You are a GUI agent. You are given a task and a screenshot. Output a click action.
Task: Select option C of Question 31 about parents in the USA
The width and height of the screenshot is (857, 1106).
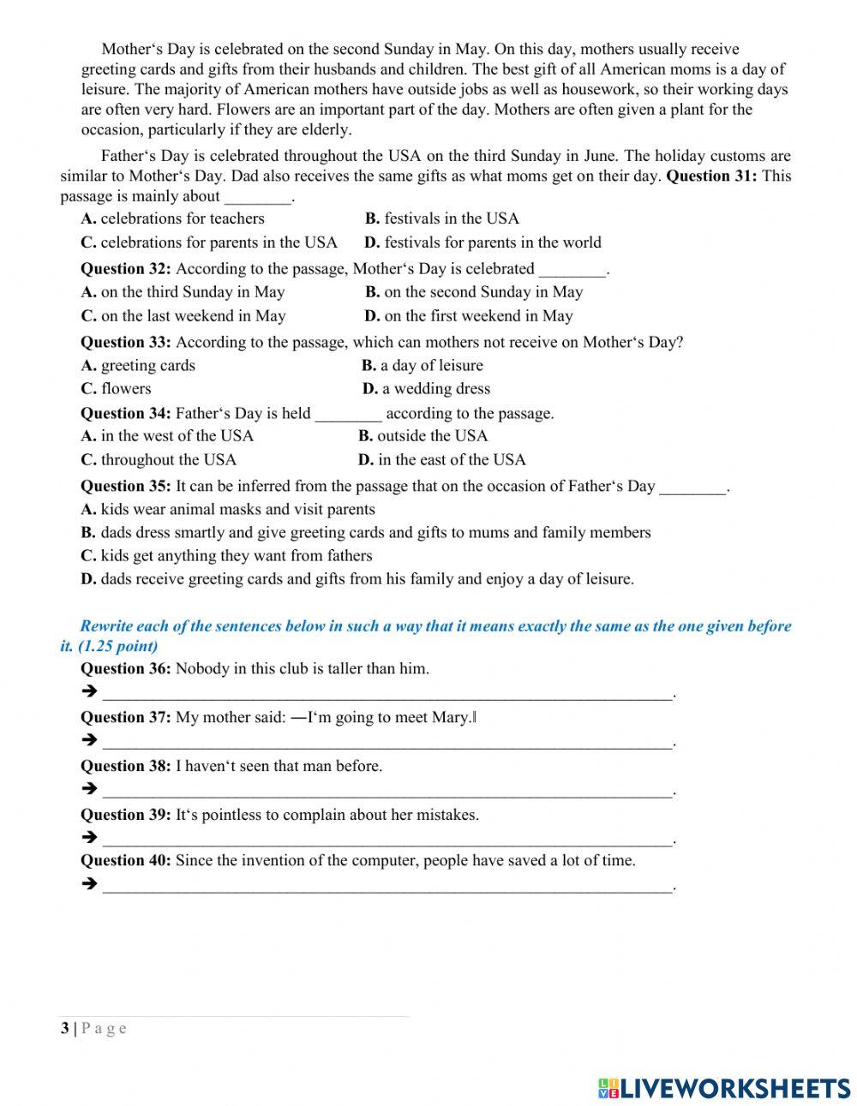209,242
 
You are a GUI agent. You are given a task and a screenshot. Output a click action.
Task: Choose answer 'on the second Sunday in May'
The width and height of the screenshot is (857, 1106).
474,292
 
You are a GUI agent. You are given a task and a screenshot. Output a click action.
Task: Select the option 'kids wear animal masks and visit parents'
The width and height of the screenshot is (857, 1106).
228,510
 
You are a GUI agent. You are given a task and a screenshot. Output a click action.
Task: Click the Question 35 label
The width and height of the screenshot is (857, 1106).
125,487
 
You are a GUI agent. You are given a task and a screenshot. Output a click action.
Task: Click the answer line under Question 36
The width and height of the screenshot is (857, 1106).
387,693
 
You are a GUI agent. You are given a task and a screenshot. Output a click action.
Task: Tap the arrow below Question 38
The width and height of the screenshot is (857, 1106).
88,789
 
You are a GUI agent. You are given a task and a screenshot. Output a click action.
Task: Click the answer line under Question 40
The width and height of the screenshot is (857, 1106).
387,886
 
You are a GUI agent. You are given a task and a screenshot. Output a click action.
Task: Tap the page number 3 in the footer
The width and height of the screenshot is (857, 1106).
64,1028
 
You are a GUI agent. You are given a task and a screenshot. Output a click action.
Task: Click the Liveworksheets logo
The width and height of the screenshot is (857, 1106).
724,1088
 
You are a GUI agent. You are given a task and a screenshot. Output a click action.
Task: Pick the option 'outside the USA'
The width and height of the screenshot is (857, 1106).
423,436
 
